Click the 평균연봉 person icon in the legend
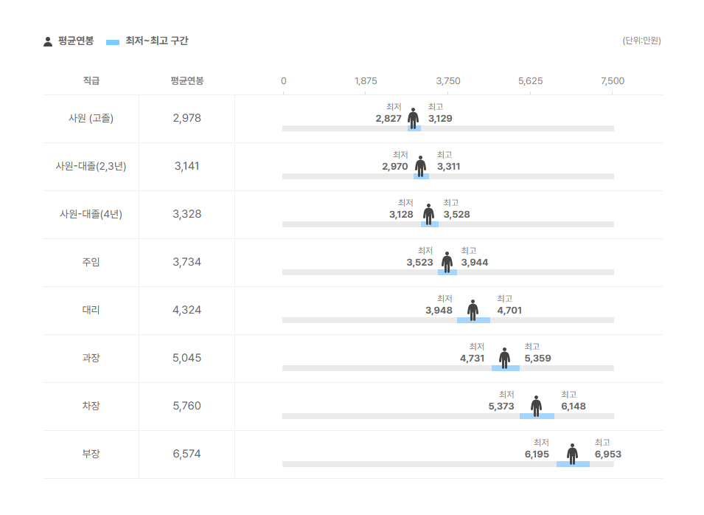click(48, 41)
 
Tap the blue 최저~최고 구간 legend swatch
click(113, 42)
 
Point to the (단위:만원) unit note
click(641, 41)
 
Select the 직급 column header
click(91, 80)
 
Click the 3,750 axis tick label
click(448, 80)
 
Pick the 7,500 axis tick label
click(613, 80)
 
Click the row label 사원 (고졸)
click(91, 118)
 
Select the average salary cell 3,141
click(187, 166)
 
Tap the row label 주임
click(91, 262)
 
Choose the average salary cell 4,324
click(187, 310)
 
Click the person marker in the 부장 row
click(572, 453)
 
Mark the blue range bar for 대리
click(473, 320)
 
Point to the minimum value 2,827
click(388, 118)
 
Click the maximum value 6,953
click(608, 454)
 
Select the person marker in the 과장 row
click(504, 357)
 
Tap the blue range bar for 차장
click(537, 416)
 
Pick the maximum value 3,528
click(456, 215)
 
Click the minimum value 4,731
click(473, 359)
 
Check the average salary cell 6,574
click(187, 454)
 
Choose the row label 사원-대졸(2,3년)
click(91, 166)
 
